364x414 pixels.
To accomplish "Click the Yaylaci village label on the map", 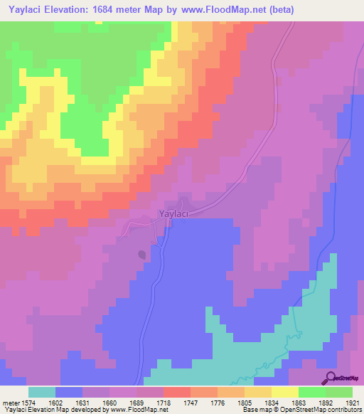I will click(x=173, y=213).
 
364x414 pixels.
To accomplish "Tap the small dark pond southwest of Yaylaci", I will click(x=143, y=254).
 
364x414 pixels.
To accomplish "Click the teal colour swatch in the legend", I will click(x=41, y=392).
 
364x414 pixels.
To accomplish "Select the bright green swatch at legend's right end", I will click(x=339, y=392).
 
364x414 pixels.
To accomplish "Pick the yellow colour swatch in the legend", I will click(x=284, y=392).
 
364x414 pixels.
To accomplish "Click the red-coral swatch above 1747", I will click(x=176, y=392).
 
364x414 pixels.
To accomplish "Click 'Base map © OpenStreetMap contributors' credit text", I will click(x=301, y=410).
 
